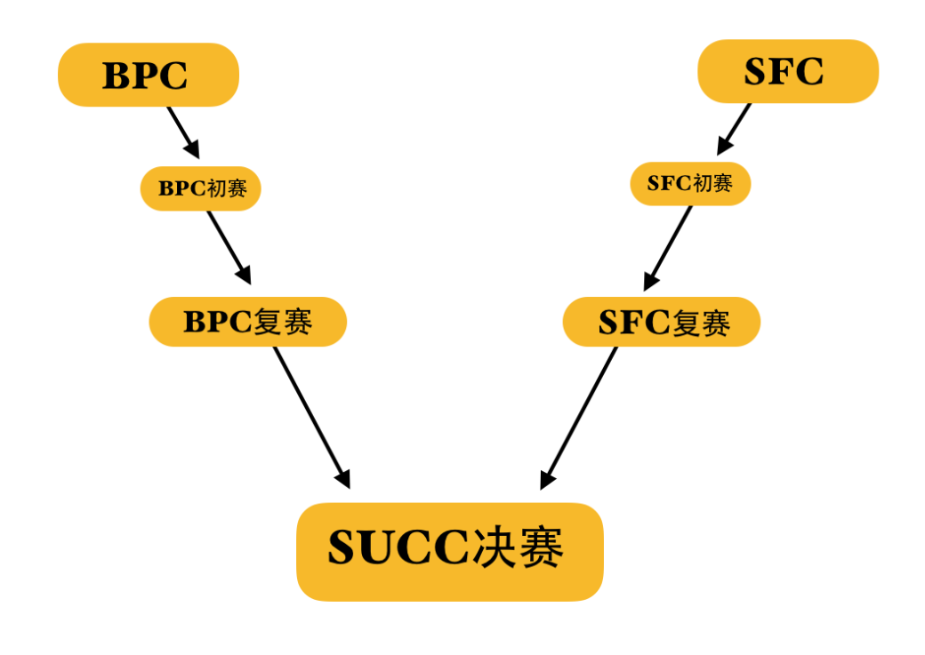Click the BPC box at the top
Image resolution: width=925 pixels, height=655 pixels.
click(x=148, y=75)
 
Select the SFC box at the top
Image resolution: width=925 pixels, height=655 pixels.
click(x=787, y=71)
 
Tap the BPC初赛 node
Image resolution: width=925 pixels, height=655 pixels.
click(x=200, y=188)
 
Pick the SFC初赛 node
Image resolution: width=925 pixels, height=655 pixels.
click(x=690, y=184)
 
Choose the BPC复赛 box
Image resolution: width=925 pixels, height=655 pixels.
click(x=247, y=322)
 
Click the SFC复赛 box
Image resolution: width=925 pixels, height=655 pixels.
click(x=662, y=322)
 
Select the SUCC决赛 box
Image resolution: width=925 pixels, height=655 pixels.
click(x=449, y=551)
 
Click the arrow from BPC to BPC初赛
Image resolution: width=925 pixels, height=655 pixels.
click(x=182, y=131)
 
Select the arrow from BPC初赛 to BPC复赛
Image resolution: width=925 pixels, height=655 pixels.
click(x=229, y=246)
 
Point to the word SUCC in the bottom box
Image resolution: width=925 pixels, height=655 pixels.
click(x=398, y=548)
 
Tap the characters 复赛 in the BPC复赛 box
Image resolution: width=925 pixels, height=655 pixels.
click(x=284, y=322)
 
